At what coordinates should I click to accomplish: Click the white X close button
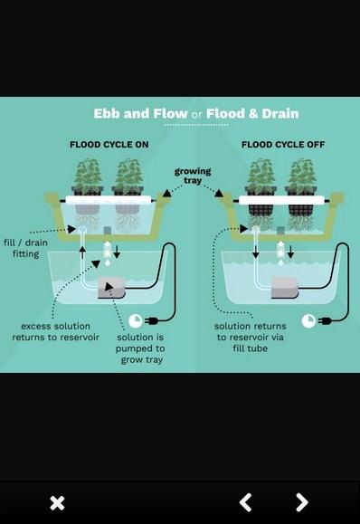tap(57, 503)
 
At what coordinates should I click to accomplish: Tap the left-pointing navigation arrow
tap(245, 502)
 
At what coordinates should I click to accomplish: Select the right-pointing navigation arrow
tap(302, 502)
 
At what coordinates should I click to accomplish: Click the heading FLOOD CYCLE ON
tap(109, 145)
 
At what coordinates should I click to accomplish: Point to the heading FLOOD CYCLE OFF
tap(283, 145)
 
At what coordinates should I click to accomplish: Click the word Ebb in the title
tap(107, 114)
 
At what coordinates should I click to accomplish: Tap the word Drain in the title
tap(280, 114)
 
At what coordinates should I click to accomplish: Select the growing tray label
tap(193, 176)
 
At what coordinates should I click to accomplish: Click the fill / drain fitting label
tap(25, 248)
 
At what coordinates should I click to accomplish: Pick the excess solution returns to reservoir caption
tap(56, 331)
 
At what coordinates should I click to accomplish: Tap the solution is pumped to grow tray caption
tap(140, 348)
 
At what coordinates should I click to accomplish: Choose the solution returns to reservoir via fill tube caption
tap(251, 337)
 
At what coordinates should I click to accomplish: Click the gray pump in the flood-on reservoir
tap(111, 288)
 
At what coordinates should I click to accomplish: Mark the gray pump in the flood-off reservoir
tap(285, 288)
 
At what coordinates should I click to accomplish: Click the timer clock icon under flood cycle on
tap(136, 320)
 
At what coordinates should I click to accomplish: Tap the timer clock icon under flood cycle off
tap(308, 320)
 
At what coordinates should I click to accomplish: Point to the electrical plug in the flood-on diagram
tap(151, 321)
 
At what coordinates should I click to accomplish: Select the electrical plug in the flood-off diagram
tap(325, 321)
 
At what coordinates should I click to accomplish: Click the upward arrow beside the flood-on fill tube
tap(82, 252)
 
